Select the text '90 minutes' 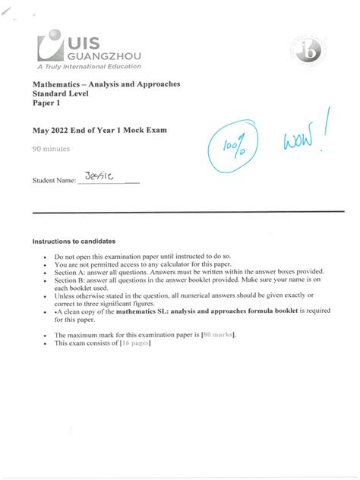point(51,149)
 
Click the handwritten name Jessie point(99,177)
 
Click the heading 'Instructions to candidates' point(73,241)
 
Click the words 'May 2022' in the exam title point(51,131)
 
